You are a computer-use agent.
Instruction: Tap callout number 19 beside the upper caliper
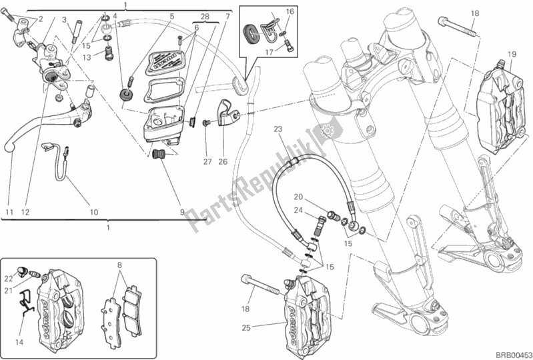(x=512, y=54)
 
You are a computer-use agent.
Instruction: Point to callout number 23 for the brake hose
(x=278, y=129)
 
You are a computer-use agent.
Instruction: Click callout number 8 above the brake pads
(x=119, y=265)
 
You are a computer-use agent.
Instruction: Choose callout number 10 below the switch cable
(x=93, y=213)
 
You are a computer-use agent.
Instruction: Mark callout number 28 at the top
(x=205, y=15)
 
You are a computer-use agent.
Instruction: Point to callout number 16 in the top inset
(x=290, y=11)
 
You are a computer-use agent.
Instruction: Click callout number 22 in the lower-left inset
(x=10, y=278)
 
